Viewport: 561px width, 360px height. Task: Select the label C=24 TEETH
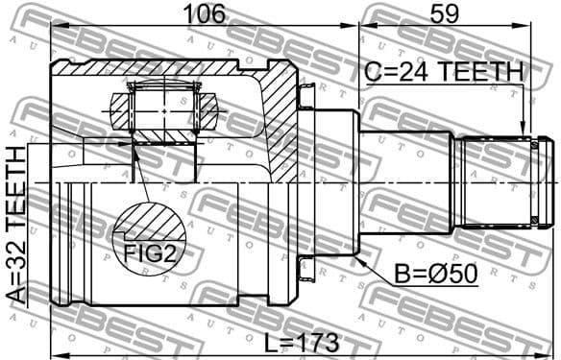click(x=444, y=72)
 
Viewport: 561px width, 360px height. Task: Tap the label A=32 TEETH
click(x=15, y=226)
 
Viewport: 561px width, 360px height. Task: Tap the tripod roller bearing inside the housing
click(x=163, y=105)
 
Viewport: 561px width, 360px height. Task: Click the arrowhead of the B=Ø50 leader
click(x=358, y=256)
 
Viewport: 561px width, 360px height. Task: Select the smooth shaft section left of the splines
click(x=404, y=182)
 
